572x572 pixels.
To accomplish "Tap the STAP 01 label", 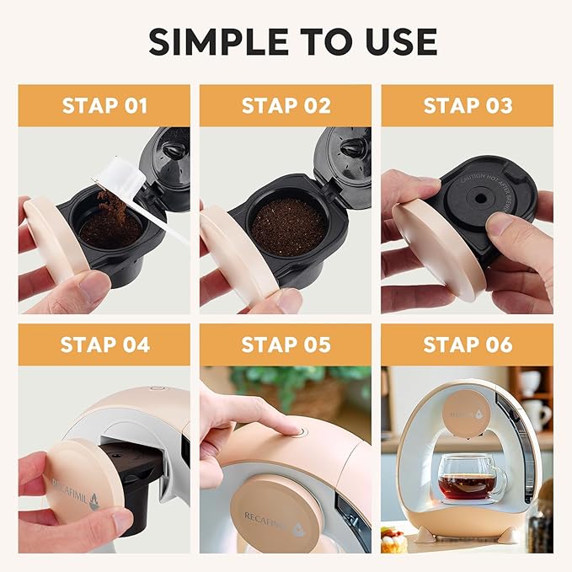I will (104, 105).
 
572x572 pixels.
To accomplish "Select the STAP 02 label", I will (285, 105).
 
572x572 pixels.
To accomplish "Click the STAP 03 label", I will (467, 105).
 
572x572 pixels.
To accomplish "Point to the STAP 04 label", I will (104, 345).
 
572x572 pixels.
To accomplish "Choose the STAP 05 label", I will (285, 345).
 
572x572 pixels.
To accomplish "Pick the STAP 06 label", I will (467, 345).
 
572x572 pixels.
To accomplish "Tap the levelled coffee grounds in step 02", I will (289, 227).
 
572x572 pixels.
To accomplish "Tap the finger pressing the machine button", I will (257, 415).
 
